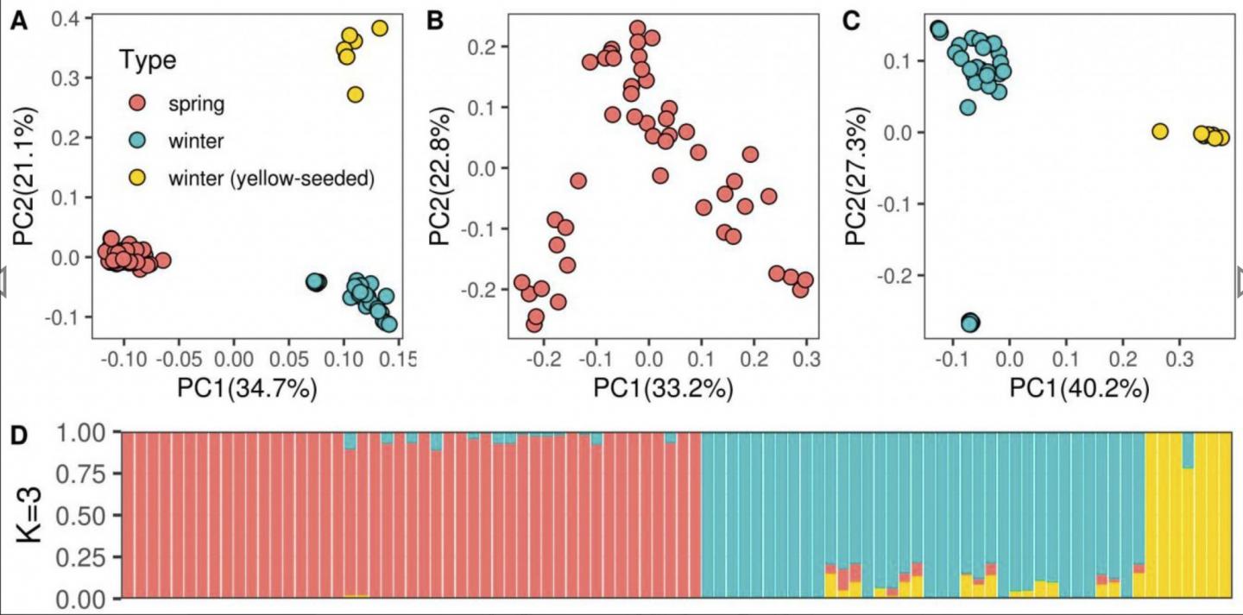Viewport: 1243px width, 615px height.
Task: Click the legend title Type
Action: click(148, 60)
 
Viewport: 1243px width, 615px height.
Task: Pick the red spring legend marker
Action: click(136, 104)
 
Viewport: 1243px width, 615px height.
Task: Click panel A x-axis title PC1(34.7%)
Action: click(248, 387)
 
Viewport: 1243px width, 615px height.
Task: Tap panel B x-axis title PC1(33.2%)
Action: click(662, 387)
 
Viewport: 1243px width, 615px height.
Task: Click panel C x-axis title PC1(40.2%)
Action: click(1078, 387)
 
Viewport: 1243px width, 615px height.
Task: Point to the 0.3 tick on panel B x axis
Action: click(806, 359)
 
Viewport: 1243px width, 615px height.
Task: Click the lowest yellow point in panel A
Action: click(355, 94)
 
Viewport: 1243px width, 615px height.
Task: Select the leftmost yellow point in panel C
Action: click(1159, 131)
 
